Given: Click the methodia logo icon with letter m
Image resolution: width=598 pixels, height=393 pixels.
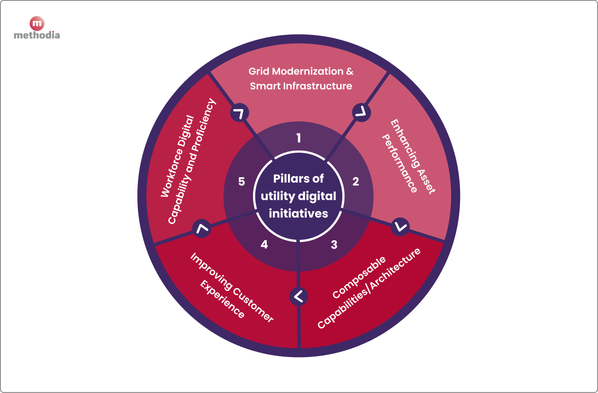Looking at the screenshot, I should pyautogui.click(x=37, y=23).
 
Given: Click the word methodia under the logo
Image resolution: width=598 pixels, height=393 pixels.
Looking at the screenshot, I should pyautogui.click(x=37, y=35).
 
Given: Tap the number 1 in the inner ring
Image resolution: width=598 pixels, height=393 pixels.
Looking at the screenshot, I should pyautogui.click(x=299, y=138).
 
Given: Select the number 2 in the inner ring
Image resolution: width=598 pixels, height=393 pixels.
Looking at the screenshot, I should pyautogui.click(x=356, y=182).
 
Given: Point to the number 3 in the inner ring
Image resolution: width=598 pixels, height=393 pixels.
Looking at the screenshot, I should pyautogui.click(x=334, y=245).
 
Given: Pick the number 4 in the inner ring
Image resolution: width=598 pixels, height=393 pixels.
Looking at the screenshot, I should pyautogui.click(x=264, y=245).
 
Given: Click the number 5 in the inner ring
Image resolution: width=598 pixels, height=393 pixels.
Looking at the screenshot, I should pyautogui.click(x=241, y=182).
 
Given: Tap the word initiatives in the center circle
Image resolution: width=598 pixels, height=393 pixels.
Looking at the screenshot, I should pyautogui.click(x=299, y=213).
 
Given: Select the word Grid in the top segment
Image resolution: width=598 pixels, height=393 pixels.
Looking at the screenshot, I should pyautogui.click(x=259, y=71).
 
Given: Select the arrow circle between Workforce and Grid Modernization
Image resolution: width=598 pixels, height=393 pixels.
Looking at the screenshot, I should pyautogui.click(x=240, y=113).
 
